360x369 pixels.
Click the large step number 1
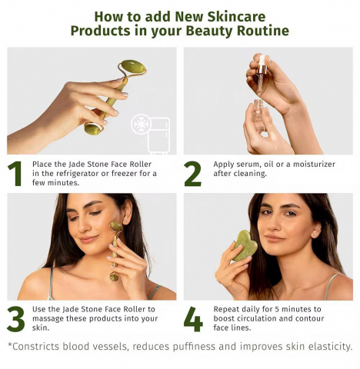(15, 174)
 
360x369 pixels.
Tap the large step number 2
(193, 174)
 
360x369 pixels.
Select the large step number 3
(16, 319)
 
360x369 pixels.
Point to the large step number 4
(193, 319)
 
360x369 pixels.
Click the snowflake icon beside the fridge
(140, 125)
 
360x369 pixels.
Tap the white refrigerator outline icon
(159, 136)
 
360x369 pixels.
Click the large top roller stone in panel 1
(133, 68)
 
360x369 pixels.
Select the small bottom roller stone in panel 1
(92, 128)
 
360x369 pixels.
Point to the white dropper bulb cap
(262, 61)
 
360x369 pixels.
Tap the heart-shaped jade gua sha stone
(244, 245)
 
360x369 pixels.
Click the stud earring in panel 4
(315, 234)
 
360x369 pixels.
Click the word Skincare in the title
(236, 16)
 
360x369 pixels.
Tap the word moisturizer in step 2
(314, 164)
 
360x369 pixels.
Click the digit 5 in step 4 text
(277, 309)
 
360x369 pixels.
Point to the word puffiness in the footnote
(194, 347)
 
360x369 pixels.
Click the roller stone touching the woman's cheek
(116, 227)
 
